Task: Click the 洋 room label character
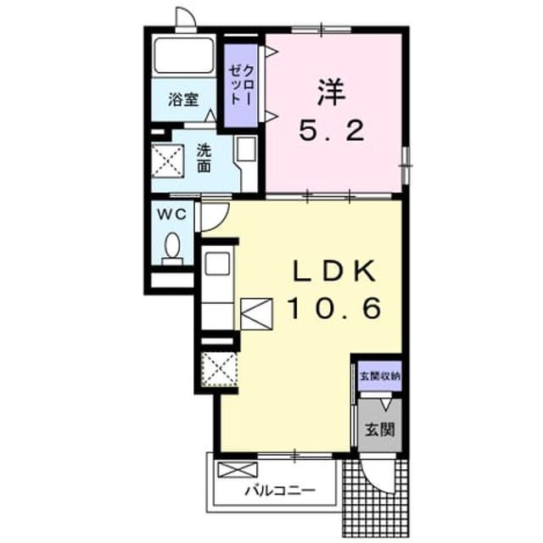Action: click(332, 92)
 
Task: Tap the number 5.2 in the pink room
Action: click(332, 131)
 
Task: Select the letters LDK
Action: click(334, 271)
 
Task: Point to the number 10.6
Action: click(335, 309)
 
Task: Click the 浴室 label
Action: click(183, 100)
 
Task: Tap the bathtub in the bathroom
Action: click(183, 55)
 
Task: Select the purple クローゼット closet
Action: click(241, 86)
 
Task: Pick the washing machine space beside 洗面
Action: click(168, 161)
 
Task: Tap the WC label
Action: click(172, 215)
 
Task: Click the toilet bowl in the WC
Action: click(172, 245)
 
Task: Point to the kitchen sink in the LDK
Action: click(217, 264)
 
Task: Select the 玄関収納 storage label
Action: click(380, 376)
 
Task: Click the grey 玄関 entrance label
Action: click(380, 430)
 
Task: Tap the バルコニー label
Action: click(281, 490)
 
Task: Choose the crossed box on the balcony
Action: click(238, 470)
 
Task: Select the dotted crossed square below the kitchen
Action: click(220, 369)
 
